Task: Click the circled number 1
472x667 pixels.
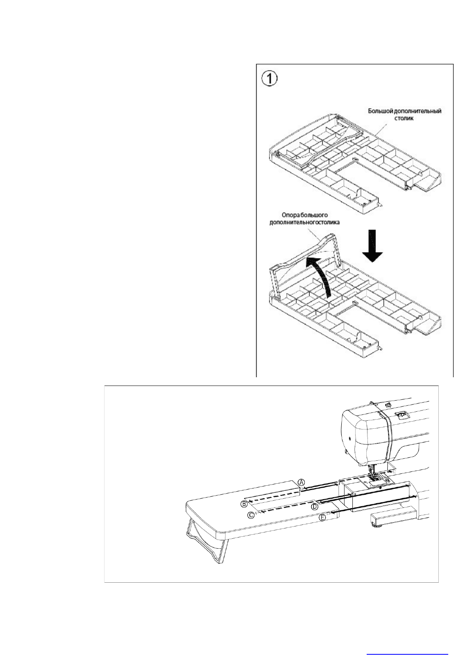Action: [270, 78]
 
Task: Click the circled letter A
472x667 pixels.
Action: [301, 482]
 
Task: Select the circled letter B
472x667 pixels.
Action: [244, 504]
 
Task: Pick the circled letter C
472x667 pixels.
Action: [251, 515]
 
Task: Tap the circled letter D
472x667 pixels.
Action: [315, 506]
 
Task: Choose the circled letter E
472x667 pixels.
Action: [323, 517]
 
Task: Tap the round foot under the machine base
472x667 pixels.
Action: [376, 525]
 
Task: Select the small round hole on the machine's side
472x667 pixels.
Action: [350, 439]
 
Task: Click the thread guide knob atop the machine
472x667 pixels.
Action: [388, 404]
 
